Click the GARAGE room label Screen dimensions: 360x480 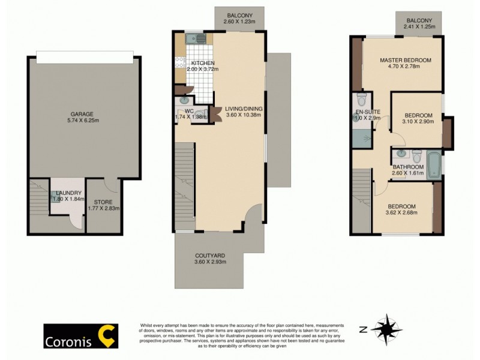tap(81, 113)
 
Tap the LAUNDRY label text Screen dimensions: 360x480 tap(66, 193)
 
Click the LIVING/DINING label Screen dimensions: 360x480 tap(239, 109)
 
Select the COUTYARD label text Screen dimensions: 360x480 tap(209, 255)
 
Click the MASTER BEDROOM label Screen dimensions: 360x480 tap(406, 60)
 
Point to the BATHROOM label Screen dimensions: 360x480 tap(408, 167)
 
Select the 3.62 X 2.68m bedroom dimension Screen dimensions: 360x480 tap(401, 214)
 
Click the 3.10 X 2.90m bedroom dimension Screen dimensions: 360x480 tap(418, 122)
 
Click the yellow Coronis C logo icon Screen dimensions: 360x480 tap(107, 335)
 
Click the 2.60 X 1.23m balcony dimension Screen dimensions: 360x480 tap(240, 22)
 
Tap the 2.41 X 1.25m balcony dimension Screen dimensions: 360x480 tap(418, 27)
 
